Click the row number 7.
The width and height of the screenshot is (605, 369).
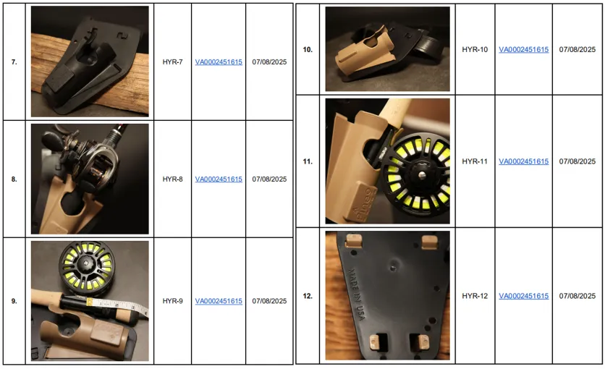coord(14,62)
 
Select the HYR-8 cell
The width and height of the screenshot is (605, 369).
coord(172,179)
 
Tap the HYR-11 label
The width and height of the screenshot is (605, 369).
coord(475,161)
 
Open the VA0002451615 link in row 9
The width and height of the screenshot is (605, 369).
coord(219,301)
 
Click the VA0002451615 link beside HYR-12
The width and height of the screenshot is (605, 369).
coord(524,296)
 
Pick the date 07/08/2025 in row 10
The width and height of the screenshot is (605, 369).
coord(577,50)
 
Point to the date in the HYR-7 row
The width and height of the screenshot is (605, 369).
coord(269,62)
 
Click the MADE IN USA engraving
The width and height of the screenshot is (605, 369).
coord(357,294)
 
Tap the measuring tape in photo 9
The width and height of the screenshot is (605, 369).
coord(116,305)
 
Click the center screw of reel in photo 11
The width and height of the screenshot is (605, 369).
coord(421,174)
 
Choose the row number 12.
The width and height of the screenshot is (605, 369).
coord(308,296)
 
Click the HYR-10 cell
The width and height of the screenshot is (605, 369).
coord(475,50)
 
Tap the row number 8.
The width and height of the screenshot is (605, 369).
coord(14,179)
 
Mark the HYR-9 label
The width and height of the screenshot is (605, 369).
coord(172,301)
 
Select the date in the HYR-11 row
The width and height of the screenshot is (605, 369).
coord(577,161)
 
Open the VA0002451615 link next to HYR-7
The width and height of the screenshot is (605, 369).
coord(219,62)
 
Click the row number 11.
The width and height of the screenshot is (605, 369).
coord(308,161)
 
